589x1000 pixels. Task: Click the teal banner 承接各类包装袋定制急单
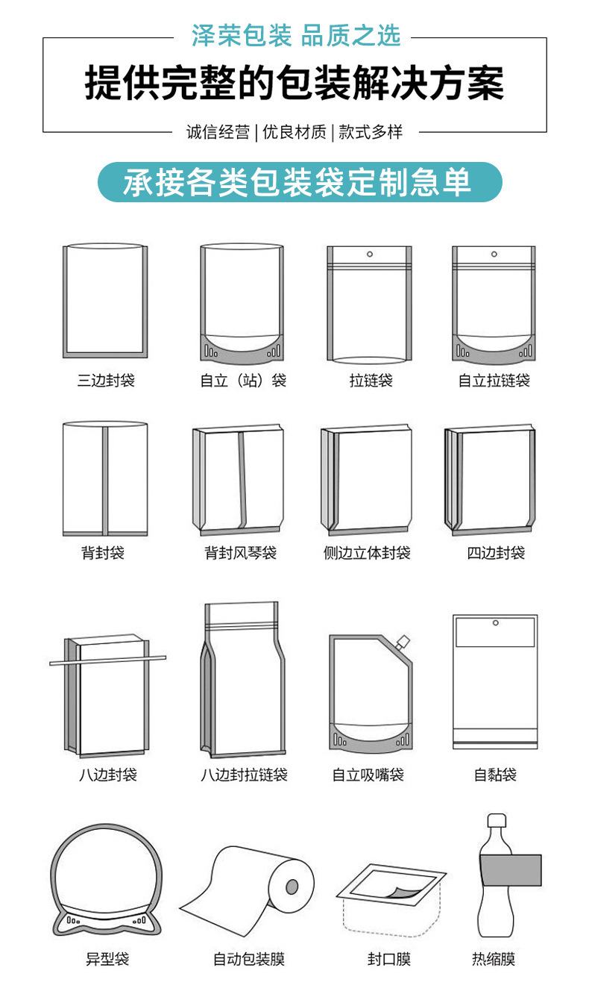click(299, 182)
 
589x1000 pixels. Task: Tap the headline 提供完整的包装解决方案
click(294, 84)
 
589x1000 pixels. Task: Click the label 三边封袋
click(106, 381)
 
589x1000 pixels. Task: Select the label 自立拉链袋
click(494, 381)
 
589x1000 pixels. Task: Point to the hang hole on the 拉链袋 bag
click(370, 254)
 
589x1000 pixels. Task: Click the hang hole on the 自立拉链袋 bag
click(494, 254)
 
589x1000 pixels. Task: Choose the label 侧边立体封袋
click(367, 553)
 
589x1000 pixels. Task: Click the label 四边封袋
click(496, 553)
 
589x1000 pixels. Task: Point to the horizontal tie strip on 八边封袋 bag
click(108, 660)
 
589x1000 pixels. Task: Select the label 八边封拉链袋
click(244, 775)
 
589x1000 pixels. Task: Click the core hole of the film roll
click(293, 887)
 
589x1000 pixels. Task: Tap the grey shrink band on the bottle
click(510, 869)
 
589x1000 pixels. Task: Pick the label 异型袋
click(107, 959)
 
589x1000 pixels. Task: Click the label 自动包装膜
click(249, 959)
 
